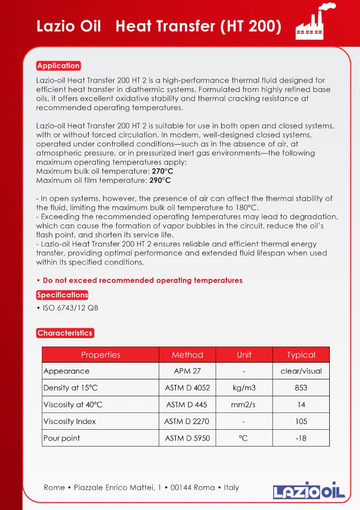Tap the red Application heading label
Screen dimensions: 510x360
click(x=59, y=66)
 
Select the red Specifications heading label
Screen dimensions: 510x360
click(x=62, y=295)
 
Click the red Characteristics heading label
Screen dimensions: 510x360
click(x=65, y=333)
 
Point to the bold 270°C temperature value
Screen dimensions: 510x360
click(x=162, y=171)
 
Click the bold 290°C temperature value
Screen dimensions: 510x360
click(x=160, y=180)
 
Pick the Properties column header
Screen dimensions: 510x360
click(x=100, y=355)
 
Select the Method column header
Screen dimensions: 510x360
click(x=187, y=355)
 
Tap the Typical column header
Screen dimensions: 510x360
click(x=301, y=355)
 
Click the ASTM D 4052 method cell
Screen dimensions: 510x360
click(x=187, y=388)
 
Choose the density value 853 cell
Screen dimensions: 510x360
click(x=301, y=388)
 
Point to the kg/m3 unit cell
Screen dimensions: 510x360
click(x=244, y=388)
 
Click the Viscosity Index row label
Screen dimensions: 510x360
click(x=69, y=421)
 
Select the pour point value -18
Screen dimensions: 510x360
click(x=301, y=438)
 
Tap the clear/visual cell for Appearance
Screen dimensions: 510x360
click(x=301, y=371)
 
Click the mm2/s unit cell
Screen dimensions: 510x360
click(x=244, y=405)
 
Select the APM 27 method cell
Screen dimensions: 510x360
click(x=187, y=371)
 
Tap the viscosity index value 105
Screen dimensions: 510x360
click(x=301, y=421)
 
